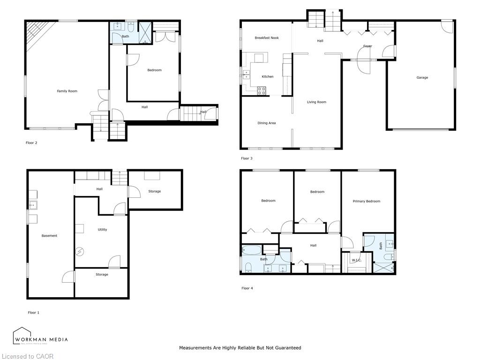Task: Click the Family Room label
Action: pos(67,91)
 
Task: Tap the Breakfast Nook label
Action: pos(267,38)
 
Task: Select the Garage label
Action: pos(422,78)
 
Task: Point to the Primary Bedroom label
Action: pos(366,201)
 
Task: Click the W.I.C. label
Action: pos(356,260)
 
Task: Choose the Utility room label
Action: pos(102,230)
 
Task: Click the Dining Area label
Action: pos(266,123)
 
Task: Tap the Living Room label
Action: pos(316,102)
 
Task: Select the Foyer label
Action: pos(367,46)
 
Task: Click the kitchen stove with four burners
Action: pos(261,90)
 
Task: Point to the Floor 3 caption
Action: pos(247,158)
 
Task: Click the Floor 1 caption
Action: pos(34,312)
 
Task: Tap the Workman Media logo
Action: pos(40,337)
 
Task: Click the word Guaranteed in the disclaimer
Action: pos(286,348)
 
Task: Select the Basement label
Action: pos(49,236)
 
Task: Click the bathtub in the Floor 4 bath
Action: pos(252,249)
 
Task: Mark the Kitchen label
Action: pos(267,77)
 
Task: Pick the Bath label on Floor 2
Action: pos(125,36)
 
